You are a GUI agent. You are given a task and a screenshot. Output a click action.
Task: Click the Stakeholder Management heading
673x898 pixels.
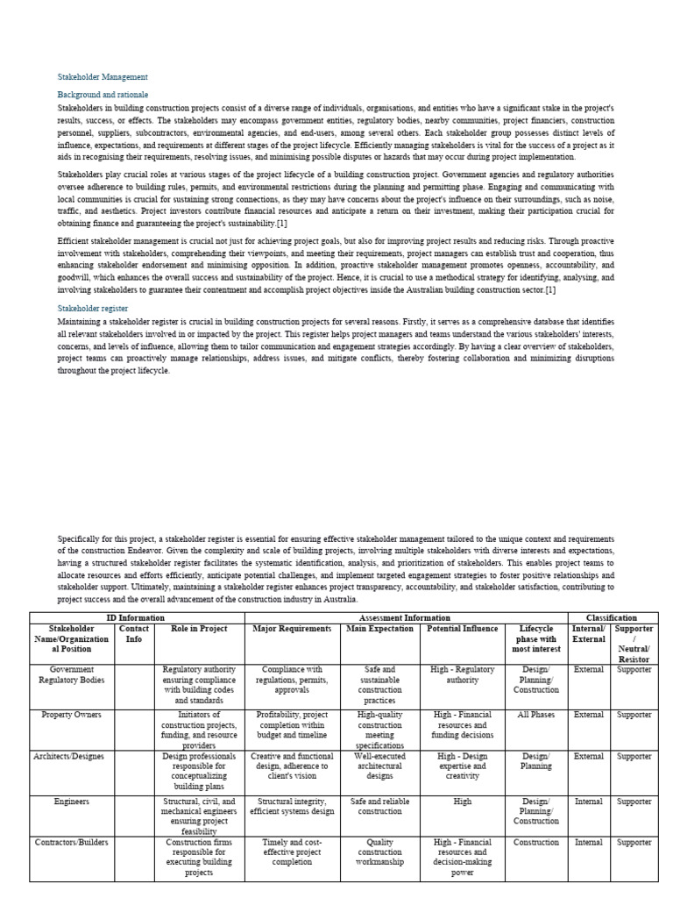[x=103, y=77]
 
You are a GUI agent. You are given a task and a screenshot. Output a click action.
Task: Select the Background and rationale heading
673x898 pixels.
[x=103, y=94]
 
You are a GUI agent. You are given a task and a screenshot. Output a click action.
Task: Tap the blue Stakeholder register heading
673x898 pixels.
[x=93, y=309]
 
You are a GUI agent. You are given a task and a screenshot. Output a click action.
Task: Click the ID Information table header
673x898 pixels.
[x=136, y=618]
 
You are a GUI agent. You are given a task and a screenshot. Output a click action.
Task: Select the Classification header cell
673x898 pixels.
[x=612, y=618]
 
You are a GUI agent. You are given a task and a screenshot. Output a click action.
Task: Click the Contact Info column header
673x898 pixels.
[x=134, y=634]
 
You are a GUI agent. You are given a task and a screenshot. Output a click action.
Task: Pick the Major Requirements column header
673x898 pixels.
[x=292, y=629]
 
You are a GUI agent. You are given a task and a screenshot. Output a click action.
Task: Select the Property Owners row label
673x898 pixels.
[x=72, y=715]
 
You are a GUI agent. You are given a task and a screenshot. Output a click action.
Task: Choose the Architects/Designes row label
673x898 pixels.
[x=72, y=756]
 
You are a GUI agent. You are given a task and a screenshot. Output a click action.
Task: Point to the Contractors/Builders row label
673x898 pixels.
[x=72, y=842]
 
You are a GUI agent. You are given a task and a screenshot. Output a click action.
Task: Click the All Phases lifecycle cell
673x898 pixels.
[x=536, y=715]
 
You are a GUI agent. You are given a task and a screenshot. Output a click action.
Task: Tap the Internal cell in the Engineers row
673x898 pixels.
[x=588, y=801]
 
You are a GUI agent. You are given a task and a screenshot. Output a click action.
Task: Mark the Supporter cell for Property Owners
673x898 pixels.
[x=634, y=715]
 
